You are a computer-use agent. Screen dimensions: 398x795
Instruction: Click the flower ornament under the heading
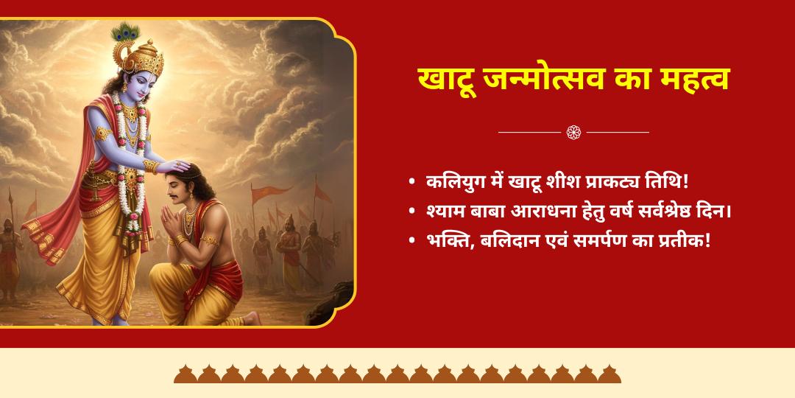[x=573, y=132]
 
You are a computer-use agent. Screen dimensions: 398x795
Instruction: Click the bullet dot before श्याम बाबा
[x=411, y=212]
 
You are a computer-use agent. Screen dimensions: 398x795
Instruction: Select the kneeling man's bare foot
[x=251, y=317]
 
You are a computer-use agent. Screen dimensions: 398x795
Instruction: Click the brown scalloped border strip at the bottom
[x=397, y=374]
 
